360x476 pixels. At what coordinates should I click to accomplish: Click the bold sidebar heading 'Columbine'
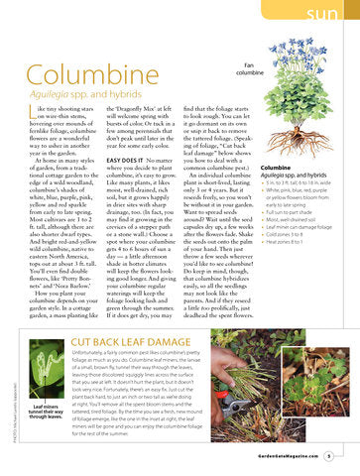pyautogui.click(x=282, y=169)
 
